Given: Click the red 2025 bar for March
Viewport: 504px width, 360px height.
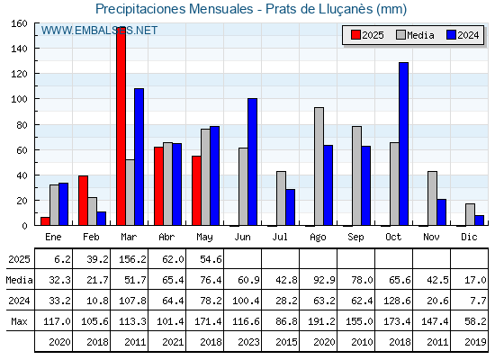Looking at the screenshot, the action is pyautogui.click(x=121, y=126).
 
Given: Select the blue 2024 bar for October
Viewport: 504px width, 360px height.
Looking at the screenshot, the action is pyautogui.click(x=404, y=144).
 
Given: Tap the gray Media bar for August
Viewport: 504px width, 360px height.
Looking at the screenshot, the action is pyautogui.click(x=319, y=166).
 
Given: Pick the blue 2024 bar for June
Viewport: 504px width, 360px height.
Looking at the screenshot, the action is pyautogui.click(x=252, y=162).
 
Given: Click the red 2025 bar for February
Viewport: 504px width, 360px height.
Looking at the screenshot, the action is pyautogui.click(x=83, y=201).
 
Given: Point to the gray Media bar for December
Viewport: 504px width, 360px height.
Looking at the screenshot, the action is pyautogui.click(x=470, y=214).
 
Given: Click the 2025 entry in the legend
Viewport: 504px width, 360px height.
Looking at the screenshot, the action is pyautogui.click(x=367, y=35).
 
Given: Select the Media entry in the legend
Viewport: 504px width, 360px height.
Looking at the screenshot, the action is pyautogui.click(x=415, y=35).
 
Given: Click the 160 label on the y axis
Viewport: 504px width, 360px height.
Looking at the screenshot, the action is pyautogui.click(x=19, y=23).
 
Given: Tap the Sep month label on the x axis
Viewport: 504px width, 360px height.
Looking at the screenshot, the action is pyautogui.click(x=355, y=238).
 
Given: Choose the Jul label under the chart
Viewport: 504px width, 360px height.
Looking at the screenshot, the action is pyautogui.click(x=280, y=238).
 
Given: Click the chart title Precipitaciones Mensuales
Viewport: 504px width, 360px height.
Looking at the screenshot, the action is pyautogui.click(x=175, y=9).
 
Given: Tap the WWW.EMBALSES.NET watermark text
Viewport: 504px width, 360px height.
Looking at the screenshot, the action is pyautogui.click(x=99, y=31).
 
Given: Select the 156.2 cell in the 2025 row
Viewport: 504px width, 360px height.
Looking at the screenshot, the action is pyautogui.click(x=133, y=259).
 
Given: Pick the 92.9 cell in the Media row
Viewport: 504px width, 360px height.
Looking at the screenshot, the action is pyautogui.click(x=324, y=280).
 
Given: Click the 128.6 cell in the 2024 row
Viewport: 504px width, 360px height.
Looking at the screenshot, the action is pyautogui.click(x=397, y=301).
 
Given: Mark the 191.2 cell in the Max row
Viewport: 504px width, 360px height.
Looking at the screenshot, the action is pyautogui.click(x=321, y=321).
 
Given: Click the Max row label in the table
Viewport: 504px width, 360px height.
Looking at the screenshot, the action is pyautogui.click(x=19, y=321).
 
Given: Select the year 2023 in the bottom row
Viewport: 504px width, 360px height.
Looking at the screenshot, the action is pyautogui.click(x=248, y=342).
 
